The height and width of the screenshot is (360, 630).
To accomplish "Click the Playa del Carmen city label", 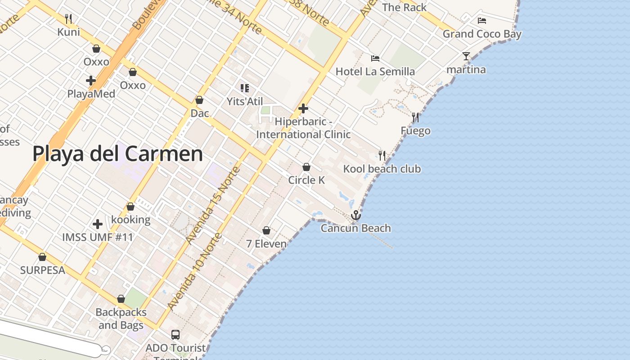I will pos(117,154).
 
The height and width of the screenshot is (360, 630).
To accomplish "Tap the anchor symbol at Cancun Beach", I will pos(356,215).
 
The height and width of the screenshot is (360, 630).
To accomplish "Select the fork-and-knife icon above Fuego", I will pos(415,118).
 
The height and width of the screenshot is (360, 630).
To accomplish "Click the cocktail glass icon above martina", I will pos(466,56).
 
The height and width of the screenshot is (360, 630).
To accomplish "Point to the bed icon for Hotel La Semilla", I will pos(375,58).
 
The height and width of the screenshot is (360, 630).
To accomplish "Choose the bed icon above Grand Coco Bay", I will pos(482,21).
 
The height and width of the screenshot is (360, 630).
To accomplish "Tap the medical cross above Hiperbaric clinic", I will pos(303,108).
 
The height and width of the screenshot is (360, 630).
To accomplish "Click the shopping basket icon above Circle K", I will pos(306,167).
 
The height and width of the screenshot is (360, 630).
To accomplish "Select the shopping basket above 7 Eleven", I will pos(266,231).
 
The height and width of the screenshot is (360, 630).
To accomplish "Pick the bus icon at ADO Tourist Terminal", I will pos(175,335).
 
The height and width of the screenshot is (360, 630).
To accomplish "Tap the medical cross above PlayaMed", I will pos(91,81).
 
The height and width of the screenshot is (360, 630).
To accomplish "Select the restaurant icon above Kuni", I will pos(68,19).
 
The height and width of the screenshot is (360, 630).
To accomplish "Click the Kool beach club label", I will pos(382,169).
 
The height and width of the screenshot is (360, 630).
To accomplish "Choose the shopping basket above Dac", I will pos(199,100).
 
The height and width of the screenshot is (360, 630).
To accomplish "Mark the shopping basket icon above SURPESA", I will pos(42,257).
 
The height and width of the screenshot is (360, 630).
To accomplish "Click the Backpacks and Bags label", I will pos(121,319).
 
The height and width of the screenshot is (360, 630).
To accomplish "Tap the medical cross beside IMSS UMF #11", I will pos(98,224).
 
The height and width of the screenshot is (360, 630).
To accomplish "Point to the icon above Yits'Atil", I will pos(244,88).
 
